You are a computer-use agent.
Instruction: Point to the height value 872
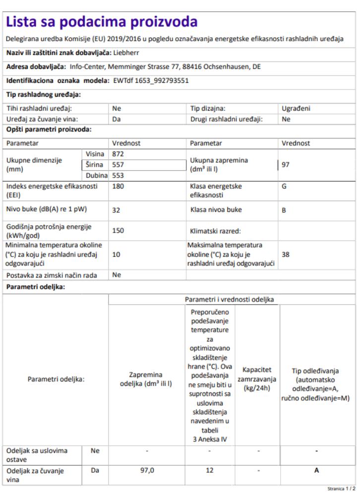[x=118, y=154]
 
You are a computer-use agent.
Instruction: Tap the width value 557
[x=118, y=165]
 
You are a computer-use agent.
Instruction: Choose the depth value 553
[x=118, y=175]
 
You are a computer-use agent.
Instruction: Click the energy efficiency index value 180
[x=118, y=187]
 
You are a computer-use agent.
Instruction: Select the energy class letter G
[x=284, y=187]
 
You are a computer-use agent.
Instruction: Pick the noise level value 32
[x=117, y=210]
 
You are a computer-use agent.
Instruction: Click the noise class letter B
[x=284, y=210]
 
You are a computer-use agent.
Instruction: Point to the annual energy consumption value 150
[x=118, y=231]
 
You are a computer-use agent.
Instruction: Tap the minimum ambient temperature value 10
[x=117, y=254]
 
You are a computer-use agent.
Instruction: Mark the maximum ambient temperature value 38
[x=286, y=254]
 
